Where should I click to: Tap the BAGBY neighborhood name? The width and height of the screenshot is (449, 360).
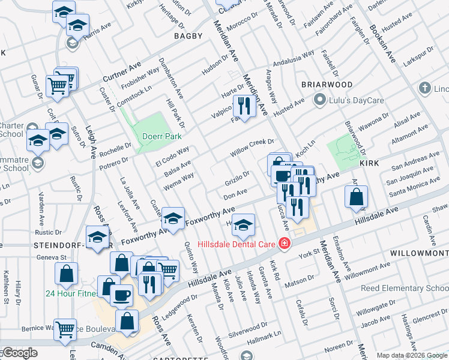pyautogui.click(x=188, y=37)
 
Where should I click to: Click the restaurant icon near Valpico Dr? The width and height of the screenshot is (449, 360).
pyautogui.click(x=244, y=107)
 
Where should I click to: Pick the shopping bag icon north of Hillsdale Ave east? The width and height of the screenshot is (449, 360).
pyautogui.click(x=356, y=197)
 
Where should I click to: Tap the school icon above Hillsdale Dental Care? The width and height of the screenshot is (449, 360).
pyautogui.click(x=243, y=225)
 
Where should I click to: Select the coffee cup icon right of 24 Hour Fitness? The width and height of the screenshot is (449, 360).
pyautogui.click(x=122, y=295)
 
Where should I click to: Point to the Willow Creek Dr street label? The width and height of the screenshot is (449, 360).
pyautogui.click(x=252, y=148)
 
